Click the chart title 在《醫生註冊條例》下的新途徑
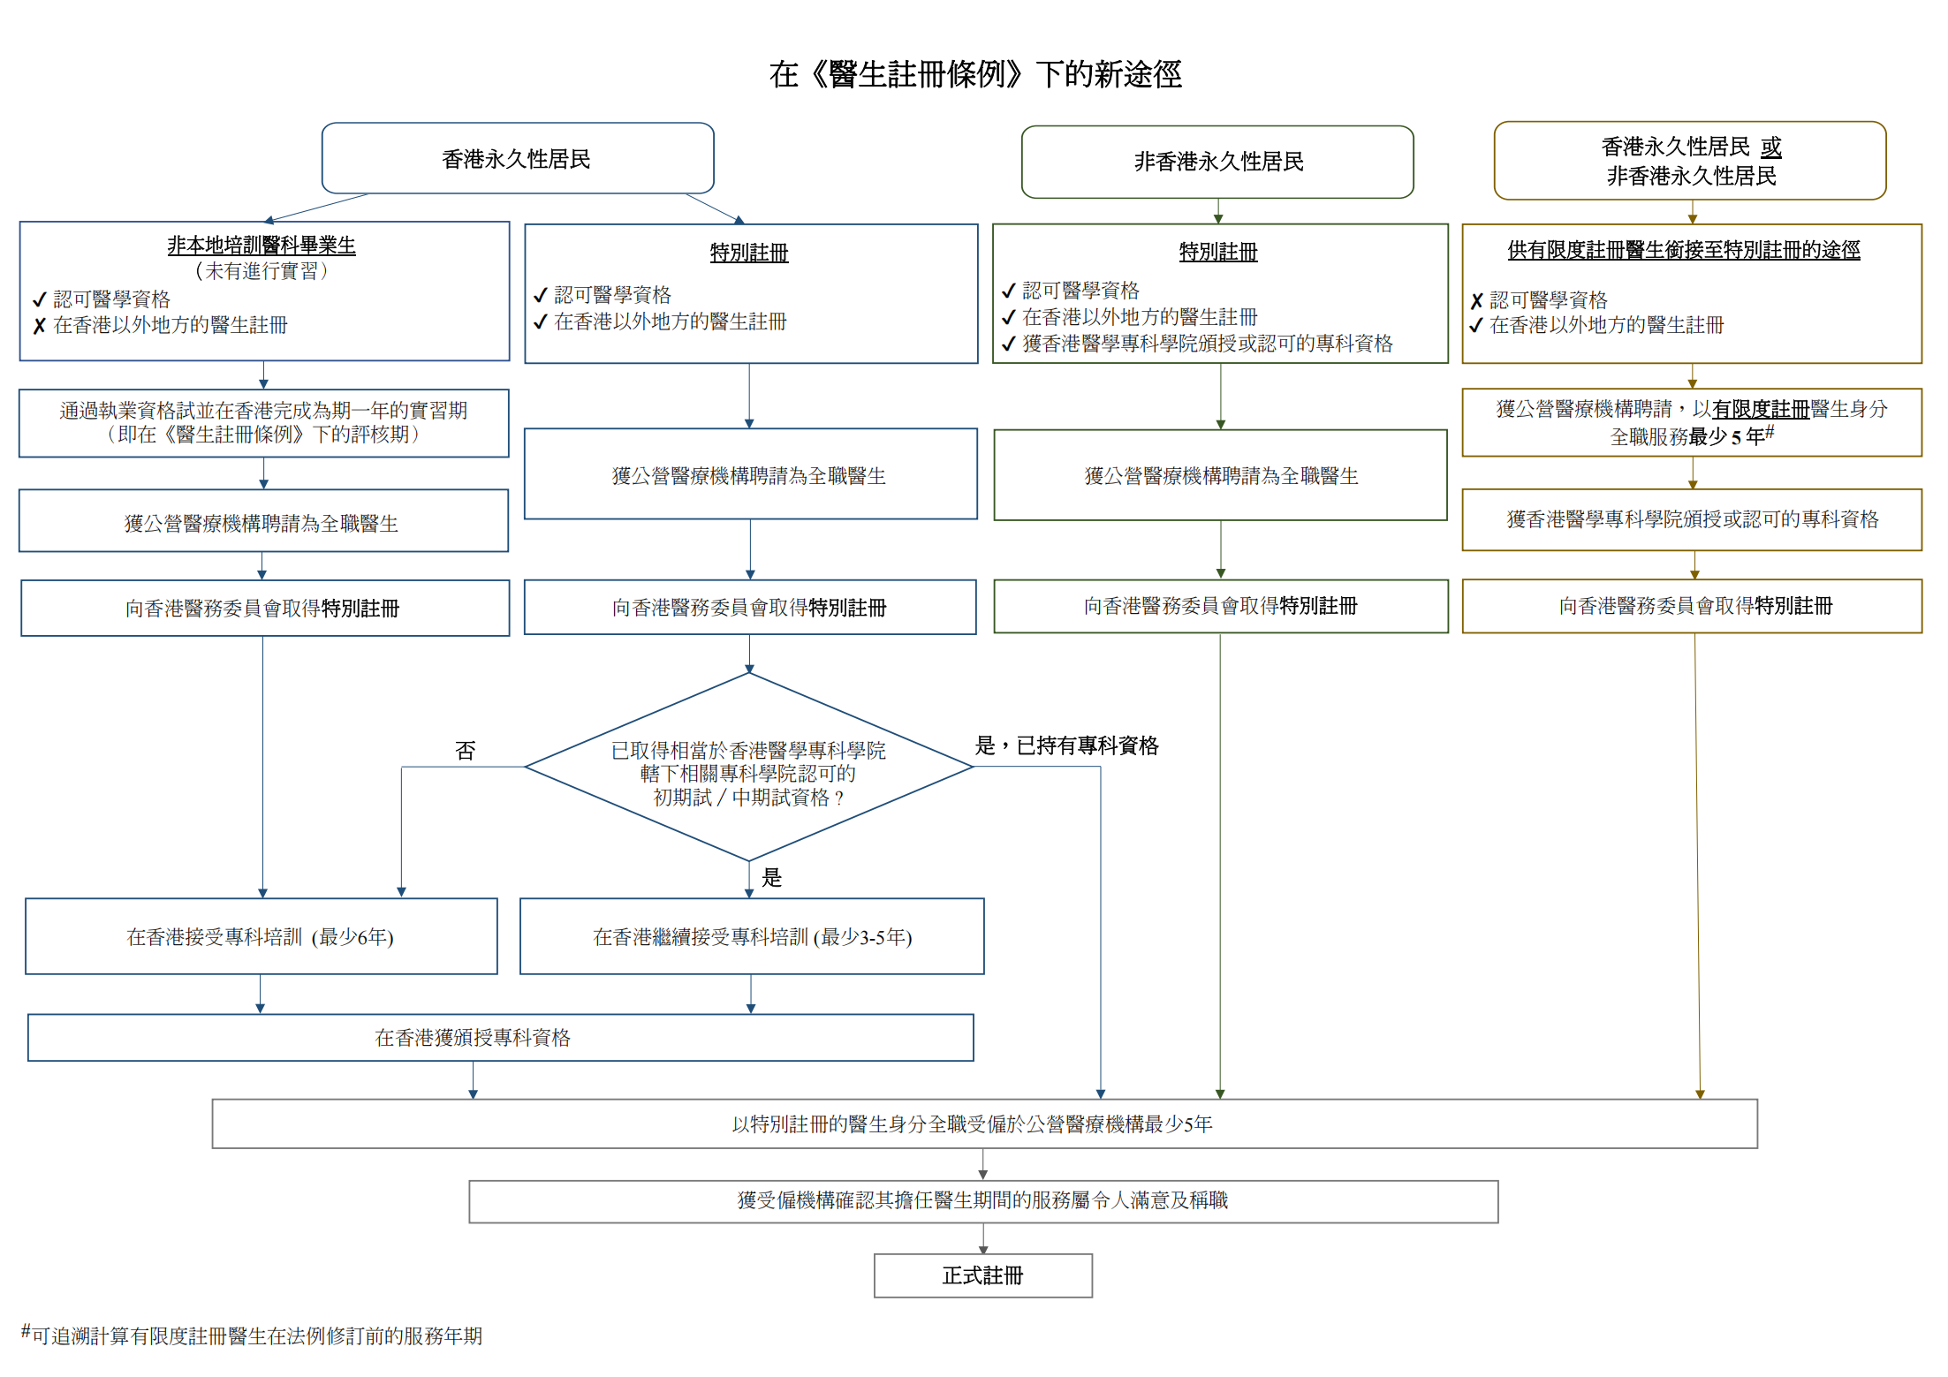pos(974,74)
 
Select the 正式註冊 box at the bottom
pos(982,1275)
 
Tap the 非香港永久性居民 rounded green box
pos(1217,162)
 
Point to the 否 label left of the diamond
pos(466,751)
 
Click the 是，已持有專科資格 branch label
pos(1066,745)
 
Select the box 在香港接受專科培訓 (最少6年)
pos(261,936)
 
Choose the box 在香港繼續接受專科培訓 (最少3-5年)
pos(752,936)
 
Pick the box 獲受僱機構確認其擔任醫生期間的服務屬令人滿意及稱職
pos(982,1200)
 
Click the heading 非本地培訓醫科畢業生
pos(262,245)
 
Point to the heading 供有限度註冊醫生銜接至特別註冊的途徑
pos(1683,250)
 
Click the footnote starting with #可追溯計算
pos(253,1335)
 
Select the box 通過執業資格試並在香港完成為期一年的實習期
pos(263,422)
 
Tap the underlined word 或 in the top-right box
pos(1770,147)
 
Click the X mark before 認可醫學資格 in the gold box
pos(1476,301)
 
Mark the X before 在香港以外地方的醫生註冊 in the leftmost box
pos(39,326)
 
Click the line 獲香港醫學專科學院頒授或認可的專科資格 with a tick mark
pos(1207,344)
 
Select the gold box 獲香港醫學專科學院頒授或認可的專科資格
pos(1692,519)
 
